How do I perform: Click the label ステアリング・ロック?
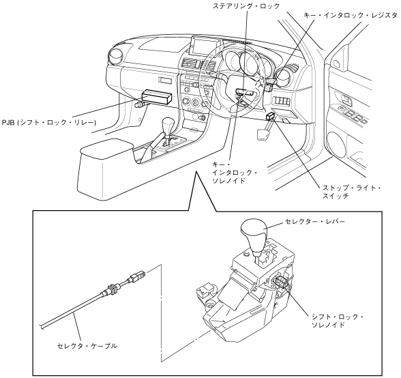246,6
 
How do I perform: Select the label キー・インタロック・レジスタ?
350,15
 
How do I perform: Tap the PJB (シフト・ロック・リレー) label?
49,123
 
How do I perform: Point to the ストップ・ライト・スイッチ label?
351,192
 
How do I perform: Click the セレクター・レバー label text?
315,221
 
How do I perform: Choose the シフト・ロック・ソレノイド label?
338,321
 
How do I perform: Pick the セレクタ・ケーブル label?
87,346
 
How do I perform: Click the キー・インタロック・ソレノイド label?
235,173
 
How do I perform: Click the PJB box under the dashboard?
157,97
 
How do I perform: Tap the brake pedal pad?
262,134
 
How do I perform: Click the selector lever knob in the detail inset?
254,231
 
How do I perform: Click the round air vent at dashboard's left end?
117,57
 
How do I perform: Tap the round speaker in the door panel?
337,145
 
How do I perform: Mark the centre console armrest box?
106,169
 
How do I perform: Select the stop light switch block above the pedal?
270,117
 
